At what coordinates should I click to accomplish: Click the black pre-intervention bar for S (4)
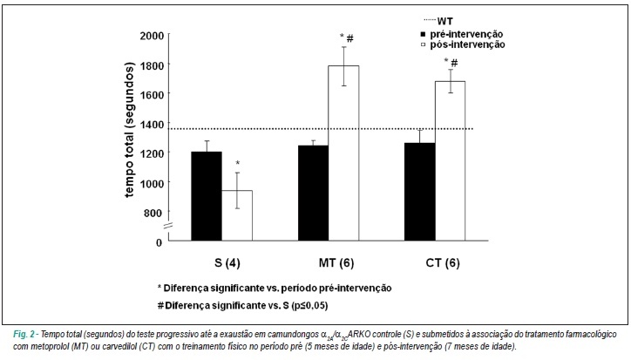tap(207, 196)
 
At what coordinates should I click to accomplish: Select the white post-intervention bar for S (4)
tap(237, 215)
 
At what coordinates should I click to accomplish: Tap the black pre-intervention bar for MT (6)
tap(313, 193)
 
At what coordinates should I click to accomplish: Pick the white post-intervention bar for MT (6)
tap(343, 153)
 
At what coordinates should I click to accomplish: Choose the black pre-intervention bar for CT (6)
tap(420, 192)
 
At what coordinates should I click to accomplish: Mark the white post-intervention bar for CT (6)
tap(450, 161)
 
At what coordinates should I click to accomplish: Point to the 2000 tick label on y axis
tap(152, 36)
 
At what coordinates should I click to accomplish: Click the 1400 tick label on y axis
tap(152, 124)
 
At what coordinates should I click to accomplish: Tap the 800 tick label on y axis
tap(154, 213)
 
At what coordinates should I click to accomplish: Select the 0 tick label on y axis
tap(159, 242)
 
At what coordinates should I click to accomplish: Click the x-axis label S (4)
tap(227, 263)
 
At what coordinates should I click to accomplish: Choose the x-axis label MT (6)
tap(336, 263)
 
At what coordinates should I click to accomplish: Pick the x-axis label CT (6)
tap(443, 263)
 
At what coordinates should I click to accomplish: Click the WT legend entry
tap(438, 21)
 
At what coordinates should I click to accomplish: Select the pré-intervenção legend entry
tap(462, 34)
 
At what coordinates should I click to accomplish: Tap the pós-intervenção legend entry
tap(463, 44)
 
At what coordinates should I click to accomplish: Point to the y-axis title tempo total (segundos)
tap(129, 130)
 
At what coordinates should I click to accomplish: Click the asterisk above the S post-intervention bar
tap(237, 164)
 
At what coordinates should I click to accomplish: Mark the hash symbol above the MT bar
tap(350, 38)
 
